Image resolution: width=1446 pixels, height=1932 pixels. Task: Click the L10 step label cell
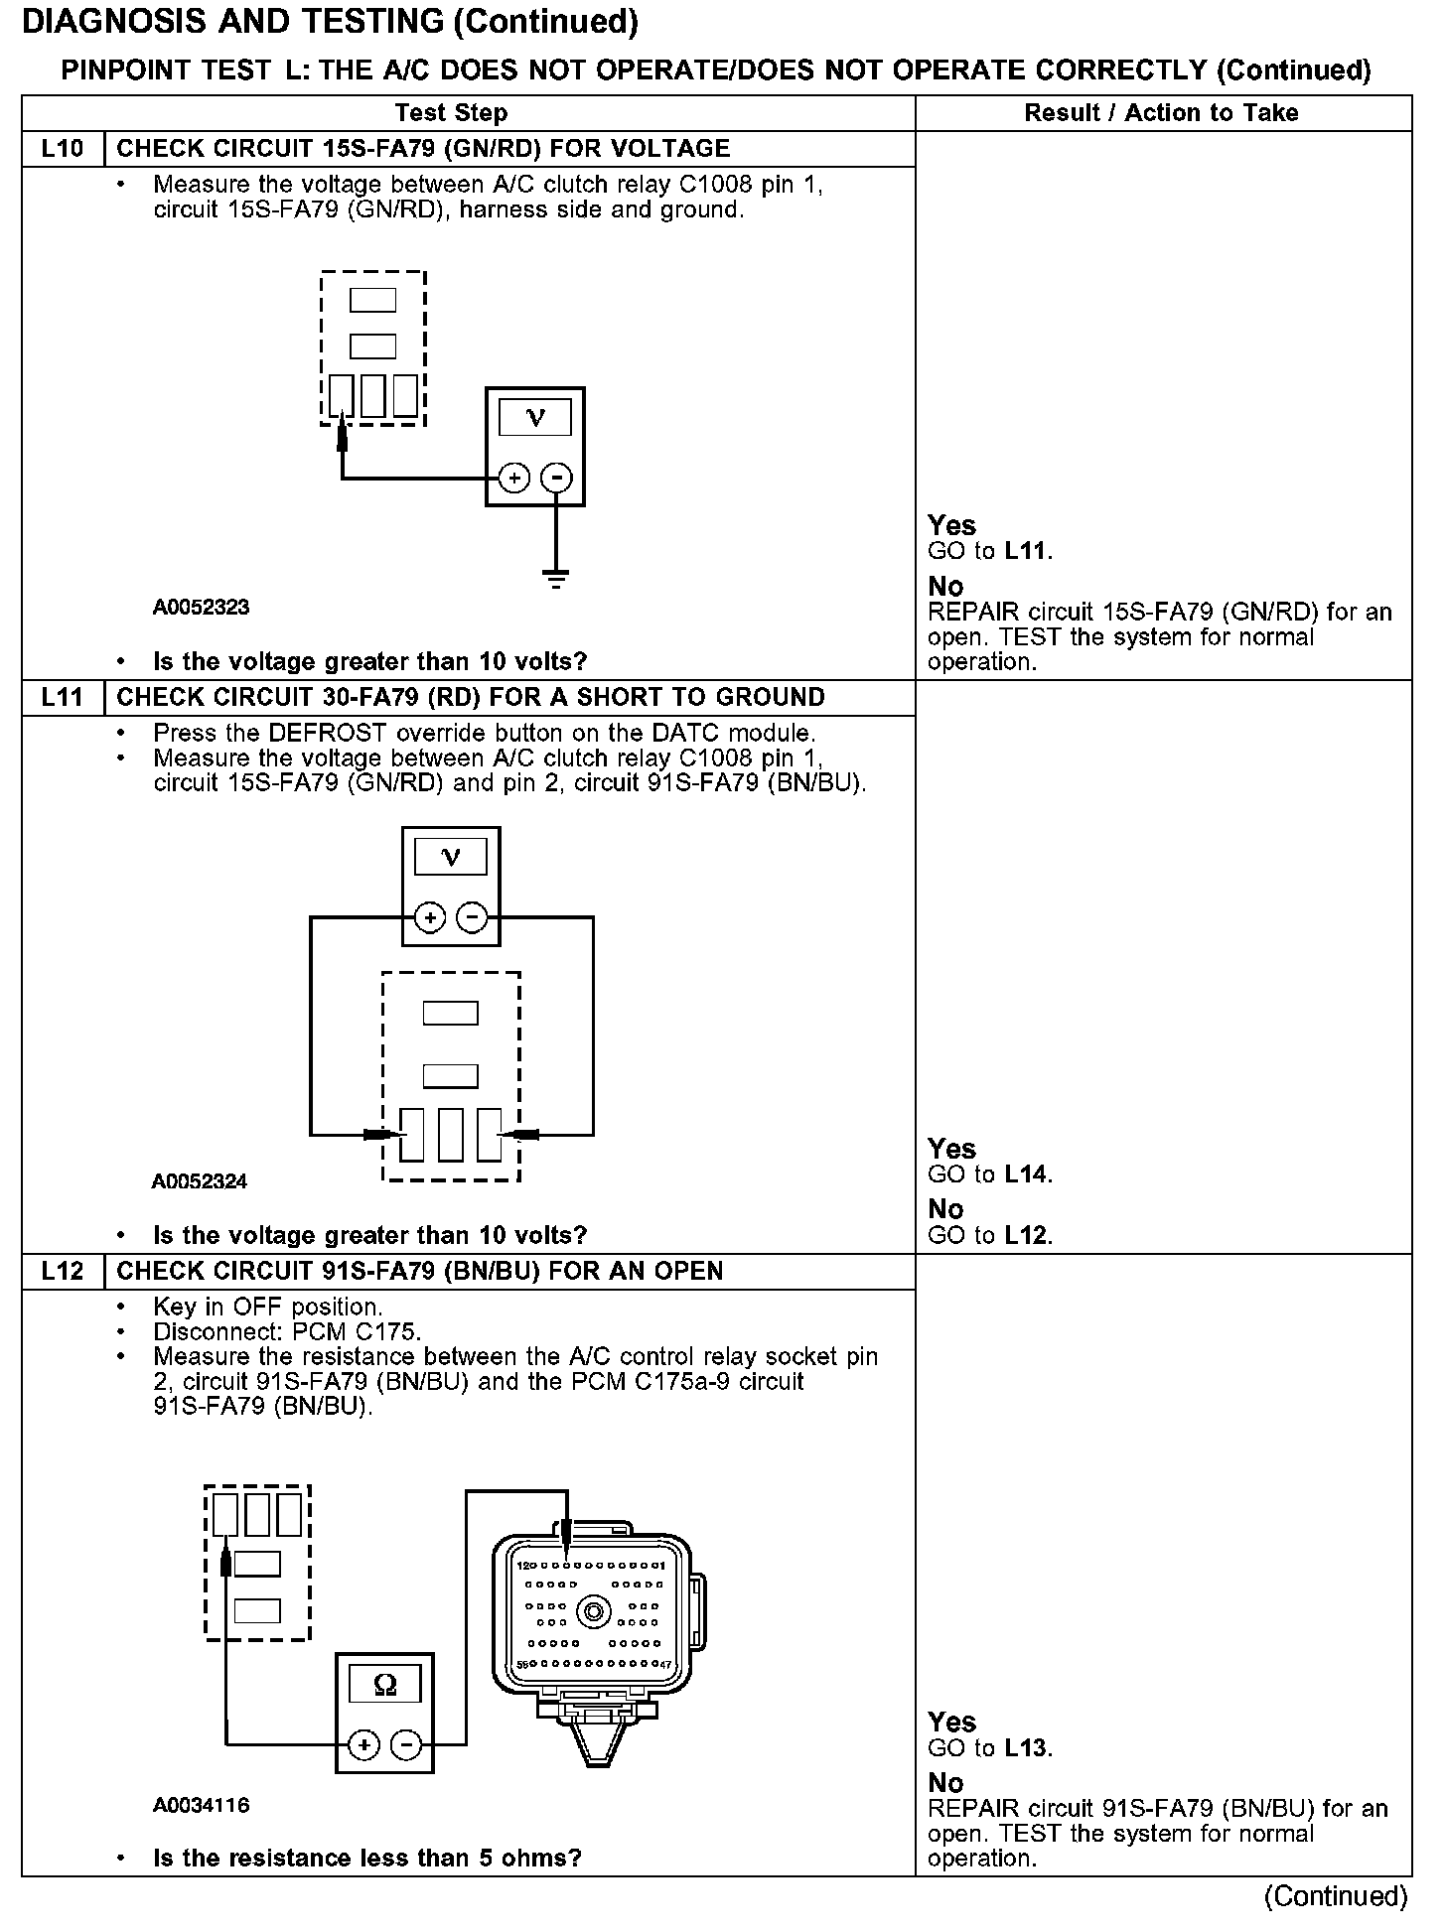click(x=63, y=149)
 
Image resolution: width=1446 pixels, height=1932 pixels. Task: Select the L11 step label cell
click(x=63, y=697)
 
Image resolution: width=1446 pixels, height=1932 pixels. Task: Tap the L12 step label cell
click(x=63, y=1271)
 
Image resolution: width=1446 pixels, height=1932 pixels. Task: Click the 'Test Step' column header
click(x=451, y=113)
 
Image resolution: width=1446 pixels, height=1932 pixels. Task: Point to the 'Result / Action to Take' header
click(x=1161, y=113)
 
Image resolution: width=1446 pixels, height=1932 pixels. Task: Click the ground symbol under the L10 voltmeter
click(x=556, y=578)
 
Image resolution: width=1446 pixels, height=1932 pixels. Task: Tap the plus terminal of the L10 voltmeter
click(x=513, y=479)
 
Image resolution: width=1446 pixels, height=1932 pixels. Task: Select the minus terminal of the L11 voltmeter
click(x=472, y=917)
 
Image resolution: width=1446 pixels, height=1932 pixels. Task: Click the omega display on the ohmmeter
click(x=384, y=1685)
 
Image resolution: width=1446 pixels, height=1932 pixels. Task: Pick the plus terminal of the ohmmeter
click(x=363, y=1744)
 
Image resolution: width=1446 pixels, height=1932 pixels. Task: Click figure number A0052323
click(x=201, y=608)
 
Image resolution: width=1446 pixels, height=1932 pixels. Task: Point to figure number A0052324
click(x=200, y=1181)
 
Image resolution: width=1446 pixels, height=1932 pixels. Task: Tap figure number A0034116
click(x=201, y=1805)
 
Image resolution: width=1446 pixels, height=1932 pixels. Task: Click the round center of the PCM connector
click(x=593, y=1611)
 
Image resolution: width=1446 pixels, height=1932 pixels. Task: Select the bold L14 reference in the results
click(x=1026, y=1174)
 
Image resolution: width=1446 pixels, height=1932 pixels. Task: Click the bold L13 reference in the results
click(x=1026, y=1748)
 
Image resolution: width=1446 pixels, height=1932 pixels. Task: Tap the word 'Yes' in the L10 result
click(x=951, y=525)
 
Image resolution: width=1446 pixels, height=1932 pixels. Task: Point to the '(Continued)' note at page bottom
click(x=1335, y=1896)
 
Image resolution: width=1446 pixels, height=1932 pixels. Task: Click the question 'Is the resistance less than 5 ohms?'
click(x=366, y=1858)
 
